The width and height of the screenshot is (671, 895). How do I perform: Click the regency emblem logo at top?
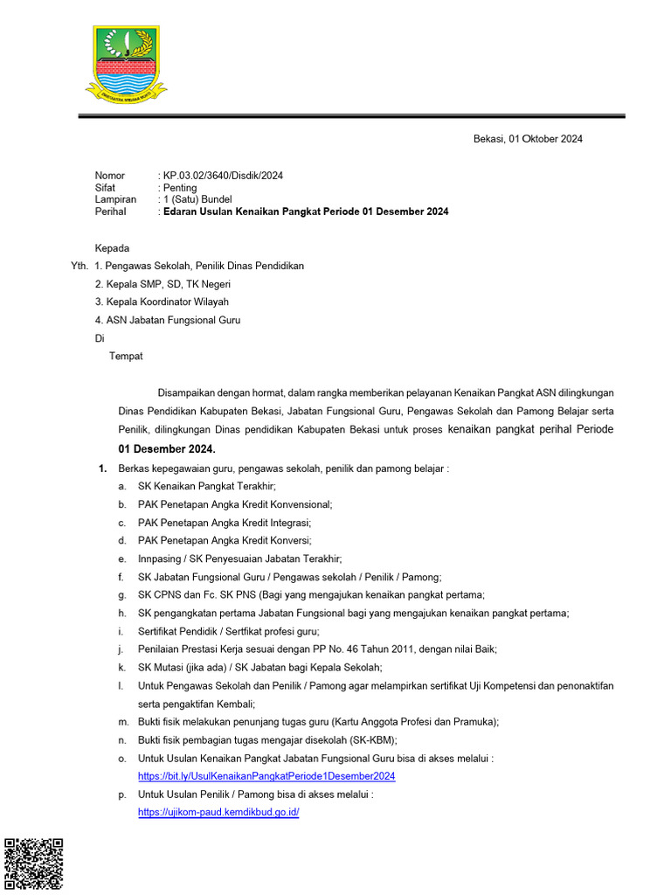[x=127, y=62]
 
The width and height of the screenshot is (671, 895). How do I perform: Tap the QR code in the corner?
[x=34, y=864]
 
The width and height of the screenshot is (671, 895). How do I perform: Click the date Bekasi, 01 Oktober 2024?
[x=528, y=139]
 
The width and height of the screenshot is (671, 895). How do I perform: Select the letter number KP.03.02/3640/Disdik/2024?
[x=223, y=176]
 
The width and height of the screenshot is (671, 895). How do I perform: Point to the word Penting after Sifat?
[x=180, y=188]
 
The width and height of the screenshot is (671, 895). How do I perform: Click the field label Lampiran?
[x=115, y=199]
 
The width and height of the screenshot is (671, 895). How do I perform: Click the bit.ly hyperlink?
[x=266, y=776]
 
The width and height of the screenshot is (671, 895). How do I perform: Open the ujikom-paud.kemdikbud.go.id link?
[x=218, y=812]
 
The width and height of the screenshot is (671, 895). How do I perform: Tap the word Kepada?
[x=112, y=248]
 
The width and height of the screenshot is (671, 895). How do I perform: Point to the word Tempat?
[x=126, y=356]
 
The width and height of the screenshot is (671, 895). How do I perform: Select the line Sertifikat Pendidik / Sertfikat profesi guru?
[x=228, y=631]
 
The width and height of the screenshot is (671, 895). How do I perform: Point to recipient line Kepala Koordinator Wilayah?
[x=168, y=302]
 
